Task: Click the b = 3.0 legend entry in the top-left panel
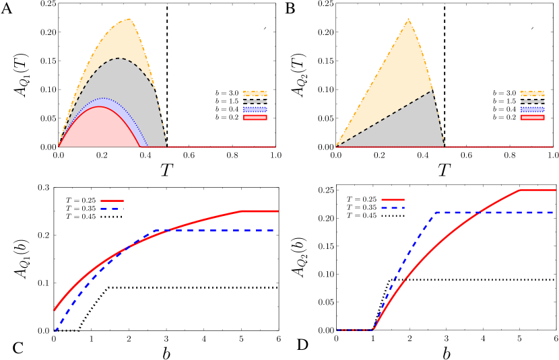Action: point(238,93)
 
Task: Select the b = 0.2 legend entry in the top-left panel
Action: point(238,117)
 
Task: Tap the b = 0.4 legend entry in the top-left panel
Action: point(238,109)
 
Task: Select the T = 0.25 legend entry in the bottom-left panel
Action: point(94,200)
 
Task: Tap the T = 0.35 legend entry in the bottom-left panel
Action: point(94,208)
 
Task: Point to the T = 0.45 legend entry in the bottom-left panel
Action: point(94,217)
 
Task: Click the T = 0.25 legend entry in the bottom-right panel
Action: point(374,199)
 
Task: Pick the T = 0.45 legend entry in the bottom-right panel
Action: point(374,215)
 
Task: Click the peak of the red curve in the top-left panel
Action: point(100,106)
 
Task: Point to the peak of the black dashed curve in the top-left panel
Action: point(119,58)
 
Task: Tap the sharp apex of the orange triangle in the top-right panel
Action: point(408,18)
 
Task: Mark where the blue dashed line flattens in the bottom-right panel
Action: point(436,213)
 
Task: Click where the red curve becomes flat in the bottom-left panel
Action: point(242,211)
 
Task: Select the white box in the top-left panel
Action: point(258,18)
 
